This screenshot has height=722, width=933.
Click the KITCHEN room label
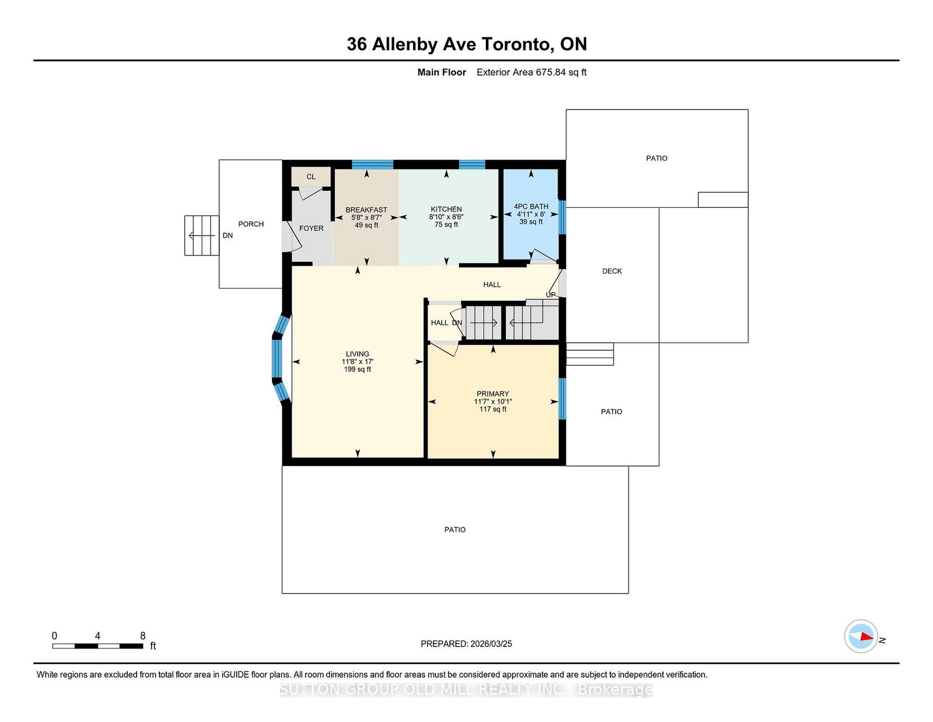tap(447, 210)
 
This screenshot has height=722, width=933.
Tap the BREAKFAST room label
tap(367, 210)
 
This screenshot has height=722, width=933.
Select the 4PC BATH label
tap(531, 206)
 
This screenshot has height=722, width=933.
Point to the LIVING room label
tap(358, 354)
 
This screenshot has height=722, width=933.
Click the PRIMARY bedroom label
tap(493, 394)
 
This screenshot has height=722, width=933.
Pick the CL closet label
tap(311, 177)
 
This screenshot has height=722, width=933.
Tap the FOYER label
tap(312, 228)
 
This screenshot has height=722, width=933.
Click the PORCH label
tap(251, 224)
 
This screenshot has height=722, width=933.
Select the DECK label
tap(612, 271)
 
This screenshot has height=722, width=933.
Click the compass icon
tap(861, 636)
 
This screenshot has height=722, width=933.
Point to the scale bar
tap(98, 646)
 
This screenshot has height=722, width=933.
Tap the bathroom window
tap(562, 217)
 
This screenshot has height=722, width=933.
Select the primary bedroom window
tap(562, 399)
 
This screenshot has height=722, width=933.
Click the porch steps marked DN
tap(202, 236)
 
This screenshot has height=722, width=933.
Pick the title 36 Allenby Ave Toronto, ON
tap(466, 44)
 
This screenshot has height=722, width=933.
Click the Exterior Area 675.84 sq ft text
tap(531, 72)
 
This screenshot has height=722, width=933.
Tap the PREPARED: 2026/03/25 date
tap(466, 644)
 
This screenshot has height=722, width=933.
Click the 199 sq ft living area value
tap(358, 370)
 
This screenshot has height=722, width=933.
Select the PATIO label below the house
tap(455, 530)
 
